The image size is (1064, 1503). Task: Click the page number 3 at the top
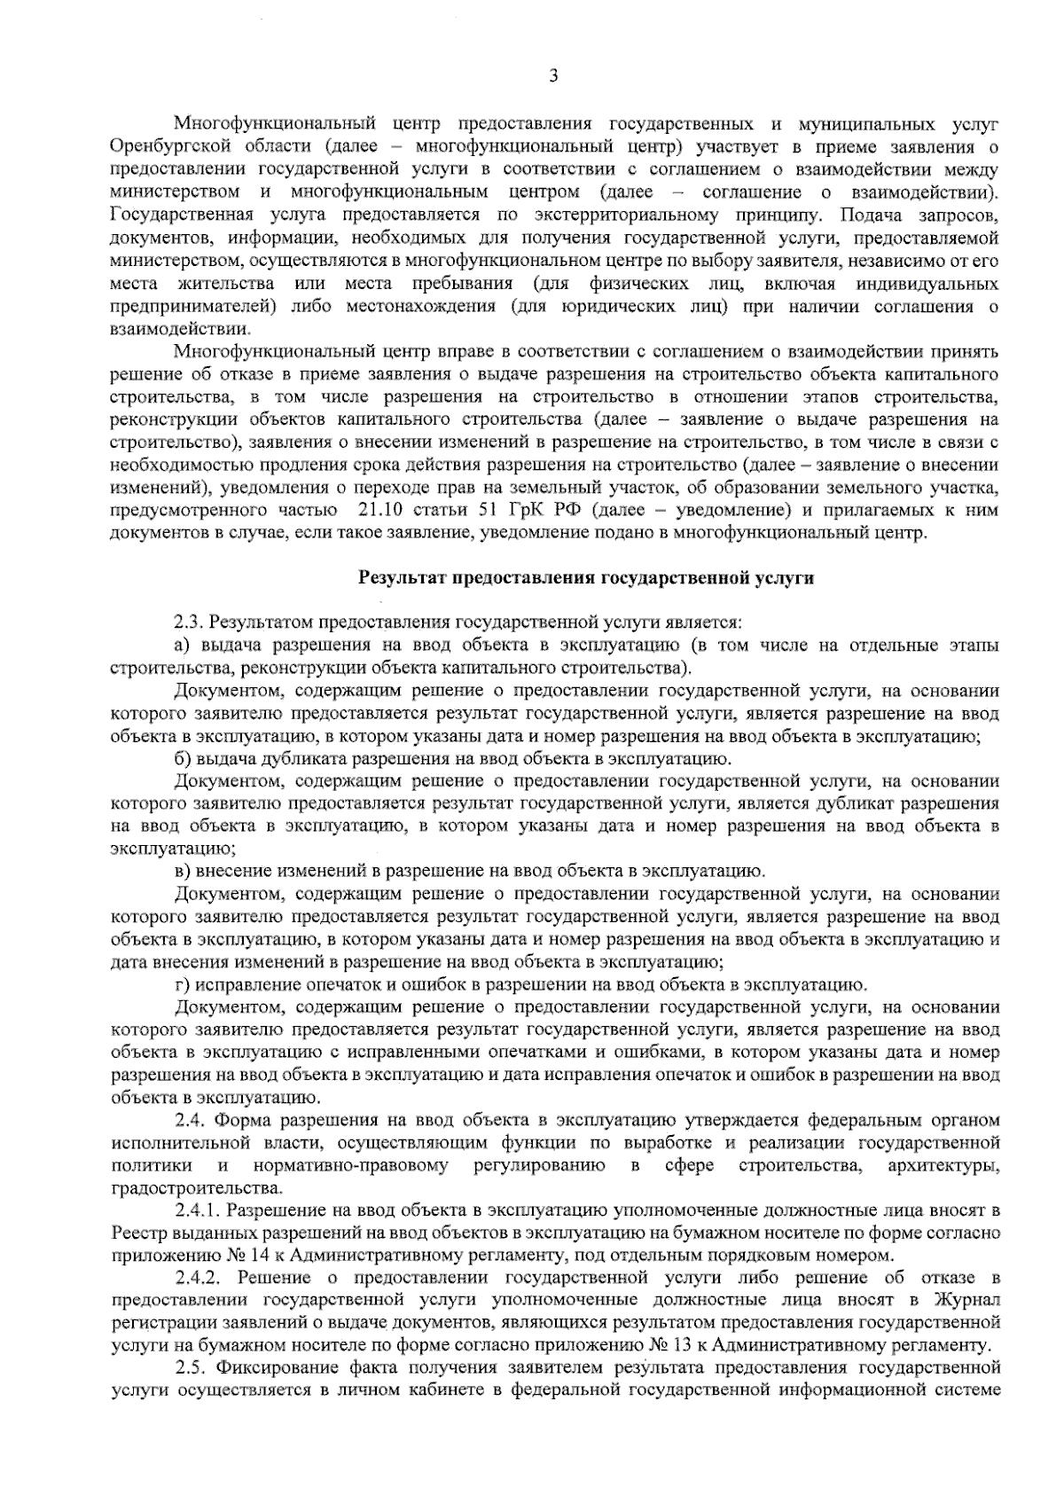[x=553, y=76]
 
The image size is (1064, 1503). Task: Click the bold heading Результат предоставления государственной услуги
[x=585, y=578]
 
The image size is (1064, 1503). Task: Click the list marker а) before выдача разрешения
[x=184, y=645]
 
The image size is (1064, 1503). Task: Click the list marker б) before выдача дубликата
[x=184, y=760]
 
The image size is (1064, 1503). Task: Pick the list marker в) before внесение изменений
[x=184, y=871]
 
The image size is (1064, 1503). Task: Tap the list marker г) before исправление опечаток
[x=184, y=984]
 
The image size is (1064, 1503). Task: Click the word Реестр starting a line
[x=137, y=1233]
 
